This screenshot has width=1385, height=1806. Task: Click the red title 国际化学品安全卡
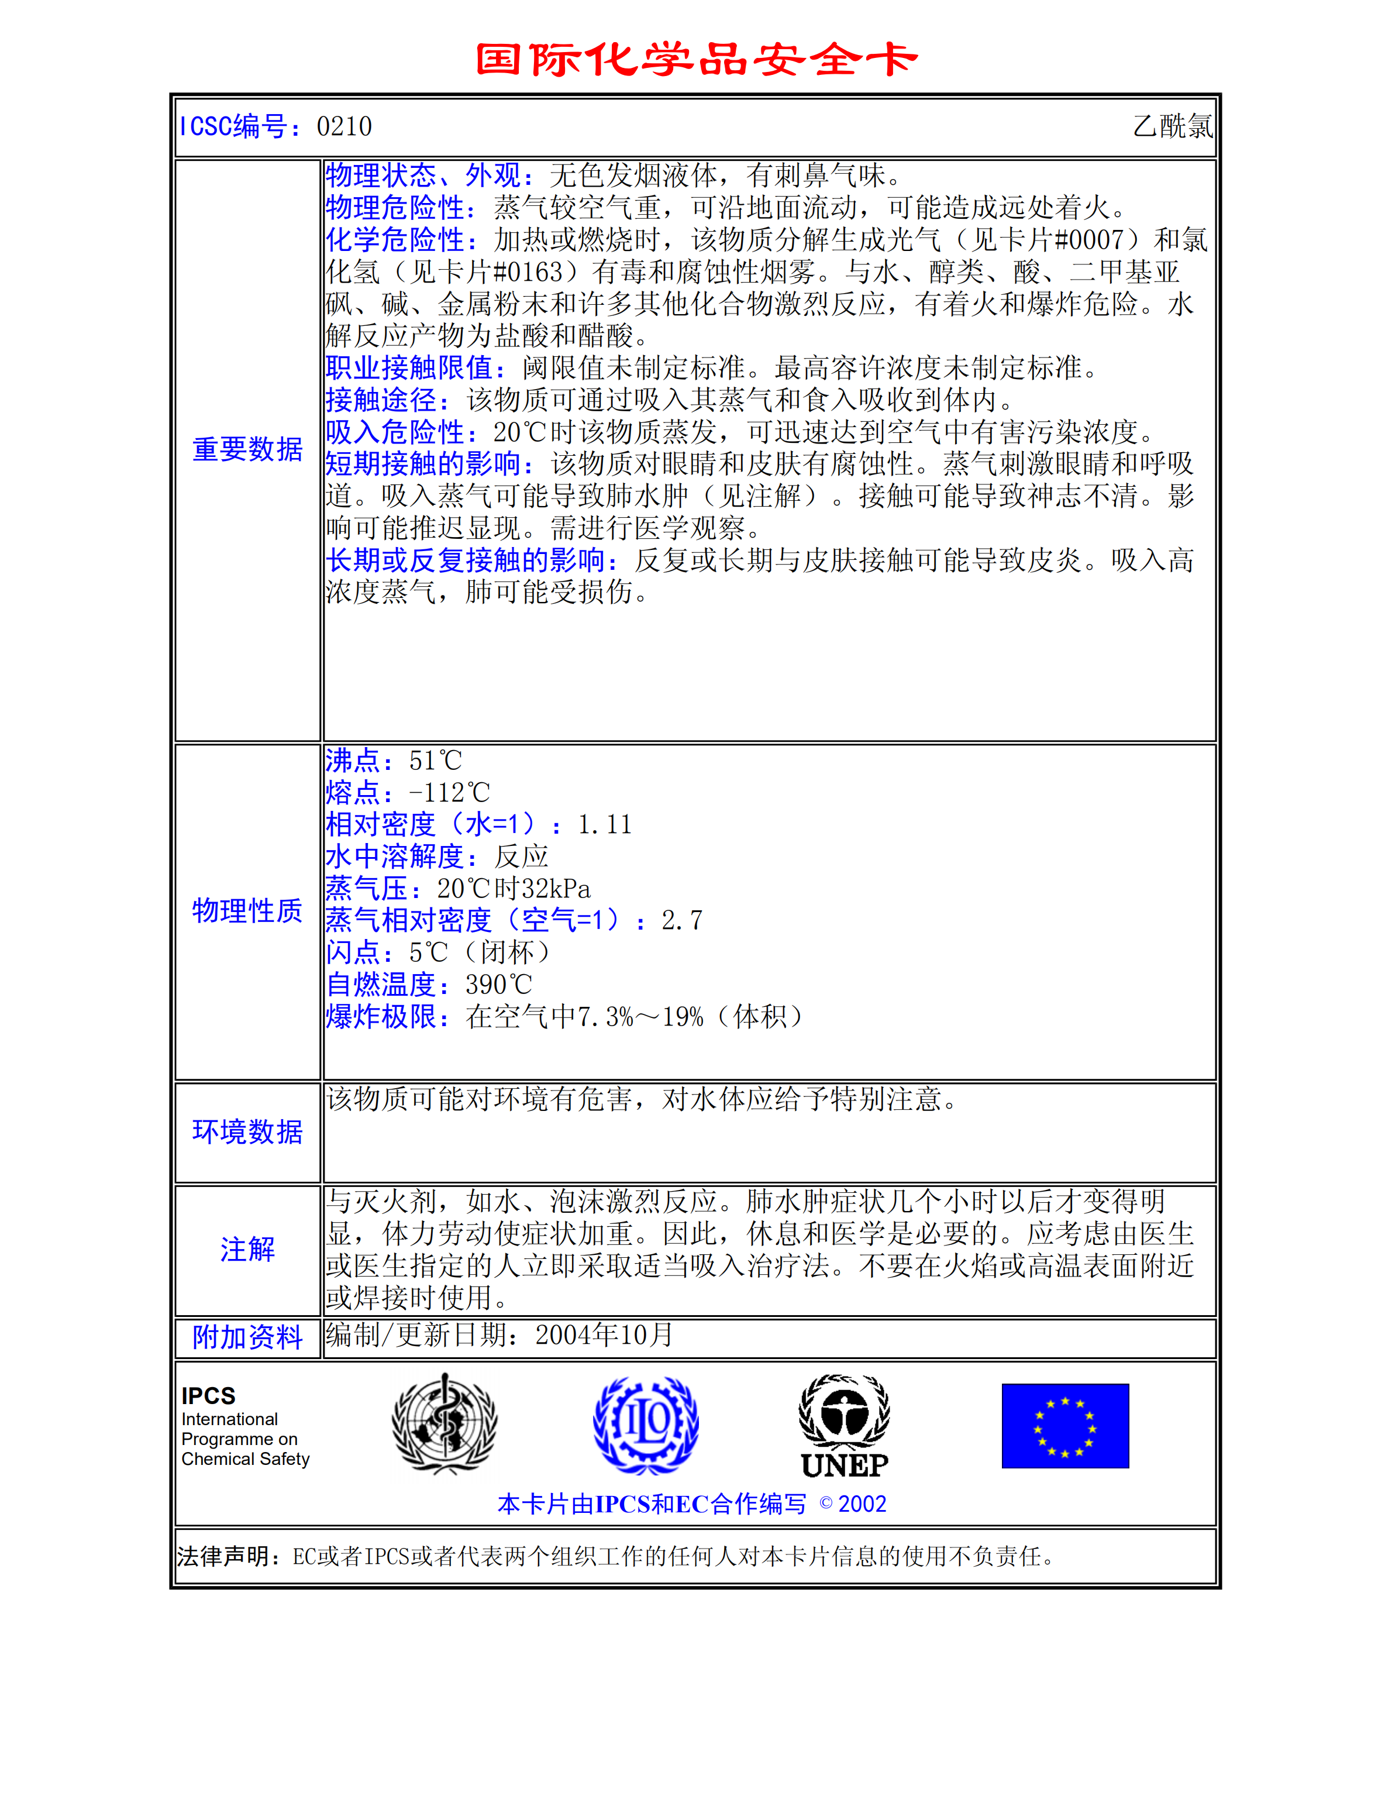point(697,59)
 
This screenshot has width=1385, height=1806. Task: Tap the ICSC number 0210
point(344,127)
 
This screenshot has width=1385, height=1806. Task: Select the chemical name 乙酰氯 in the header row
point(1172,127)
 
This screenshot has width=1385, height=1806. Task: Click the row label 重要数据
point(247,449)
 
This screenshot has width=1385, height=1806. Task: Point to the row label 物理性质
point(247,910)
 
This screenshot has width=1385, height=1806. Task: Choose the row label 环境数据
point(247,1131)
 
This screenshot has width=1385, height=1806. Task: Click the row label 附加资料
point(247,1337)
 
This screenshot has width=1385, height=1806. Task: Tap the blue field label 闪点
point(352,952)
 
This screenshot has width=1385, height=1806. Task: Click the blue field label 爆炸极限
point(381,1017)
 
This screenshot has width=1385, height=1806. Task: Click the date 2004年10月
point(604,1335)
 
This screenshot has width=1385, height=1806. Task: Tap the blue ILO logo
point(646,1424)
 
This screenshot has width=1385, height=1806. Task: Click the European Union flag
point(1065,1426)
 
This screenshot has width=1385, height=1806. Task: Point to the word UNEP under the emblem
point(844,1466)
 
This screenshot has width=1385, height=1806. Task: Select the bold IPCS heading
point(209,1395)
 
